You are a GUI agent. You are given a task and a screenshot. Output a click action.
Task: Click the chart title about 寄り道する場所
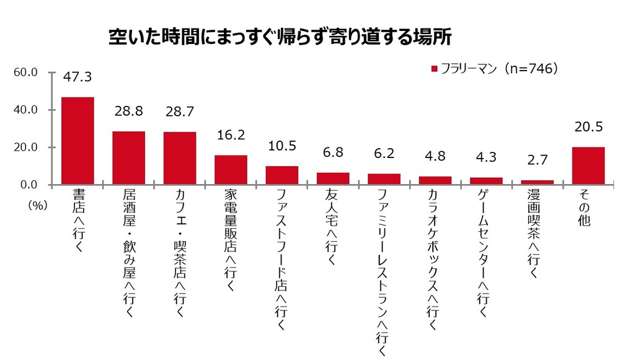tap(280, 37)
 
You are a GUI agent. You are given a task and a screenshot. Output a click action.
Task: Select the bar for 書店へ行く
tap(77, 141)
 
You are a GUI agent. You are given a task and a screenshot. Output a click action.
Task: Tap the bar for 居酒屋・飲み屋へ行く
tap(128, 158)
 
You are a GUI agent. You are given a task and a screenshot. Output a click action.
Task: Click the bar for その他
tap(588, 166)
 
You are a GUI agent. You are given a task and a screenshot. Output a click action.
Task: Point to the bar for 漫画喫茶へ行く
tap(537, 182)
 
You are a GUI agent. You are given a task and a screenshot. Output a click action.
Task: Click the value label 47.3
tap(77, 77)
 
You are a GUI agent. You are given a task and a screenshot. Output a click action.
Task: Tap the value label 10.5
tap(282, 146)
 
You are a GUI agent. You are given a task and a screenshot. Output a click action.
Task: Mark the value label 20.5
tap(588, 127)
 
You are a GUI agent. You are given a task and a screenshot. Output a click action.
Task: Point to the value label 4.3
tap(486, 159)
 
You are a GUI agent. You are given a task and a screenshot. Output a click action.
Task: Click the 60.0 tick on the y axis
tap(26, 72)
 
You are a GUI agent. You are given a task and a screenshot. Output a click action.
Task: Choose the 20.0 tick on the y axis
tap(26, 147)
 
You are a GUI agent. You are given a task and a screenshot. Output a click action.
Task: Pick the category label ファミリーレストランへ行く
tap(384, 273)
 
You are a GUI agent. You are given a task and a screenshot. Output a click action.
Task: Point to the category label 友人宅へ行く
tap(333, 229)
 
